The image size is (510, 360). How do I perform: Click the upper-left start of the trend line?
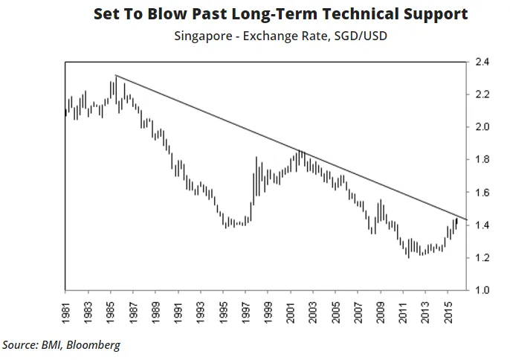point(116,76)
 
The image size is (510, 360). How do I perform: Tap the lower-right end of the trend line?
point(466,219)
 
